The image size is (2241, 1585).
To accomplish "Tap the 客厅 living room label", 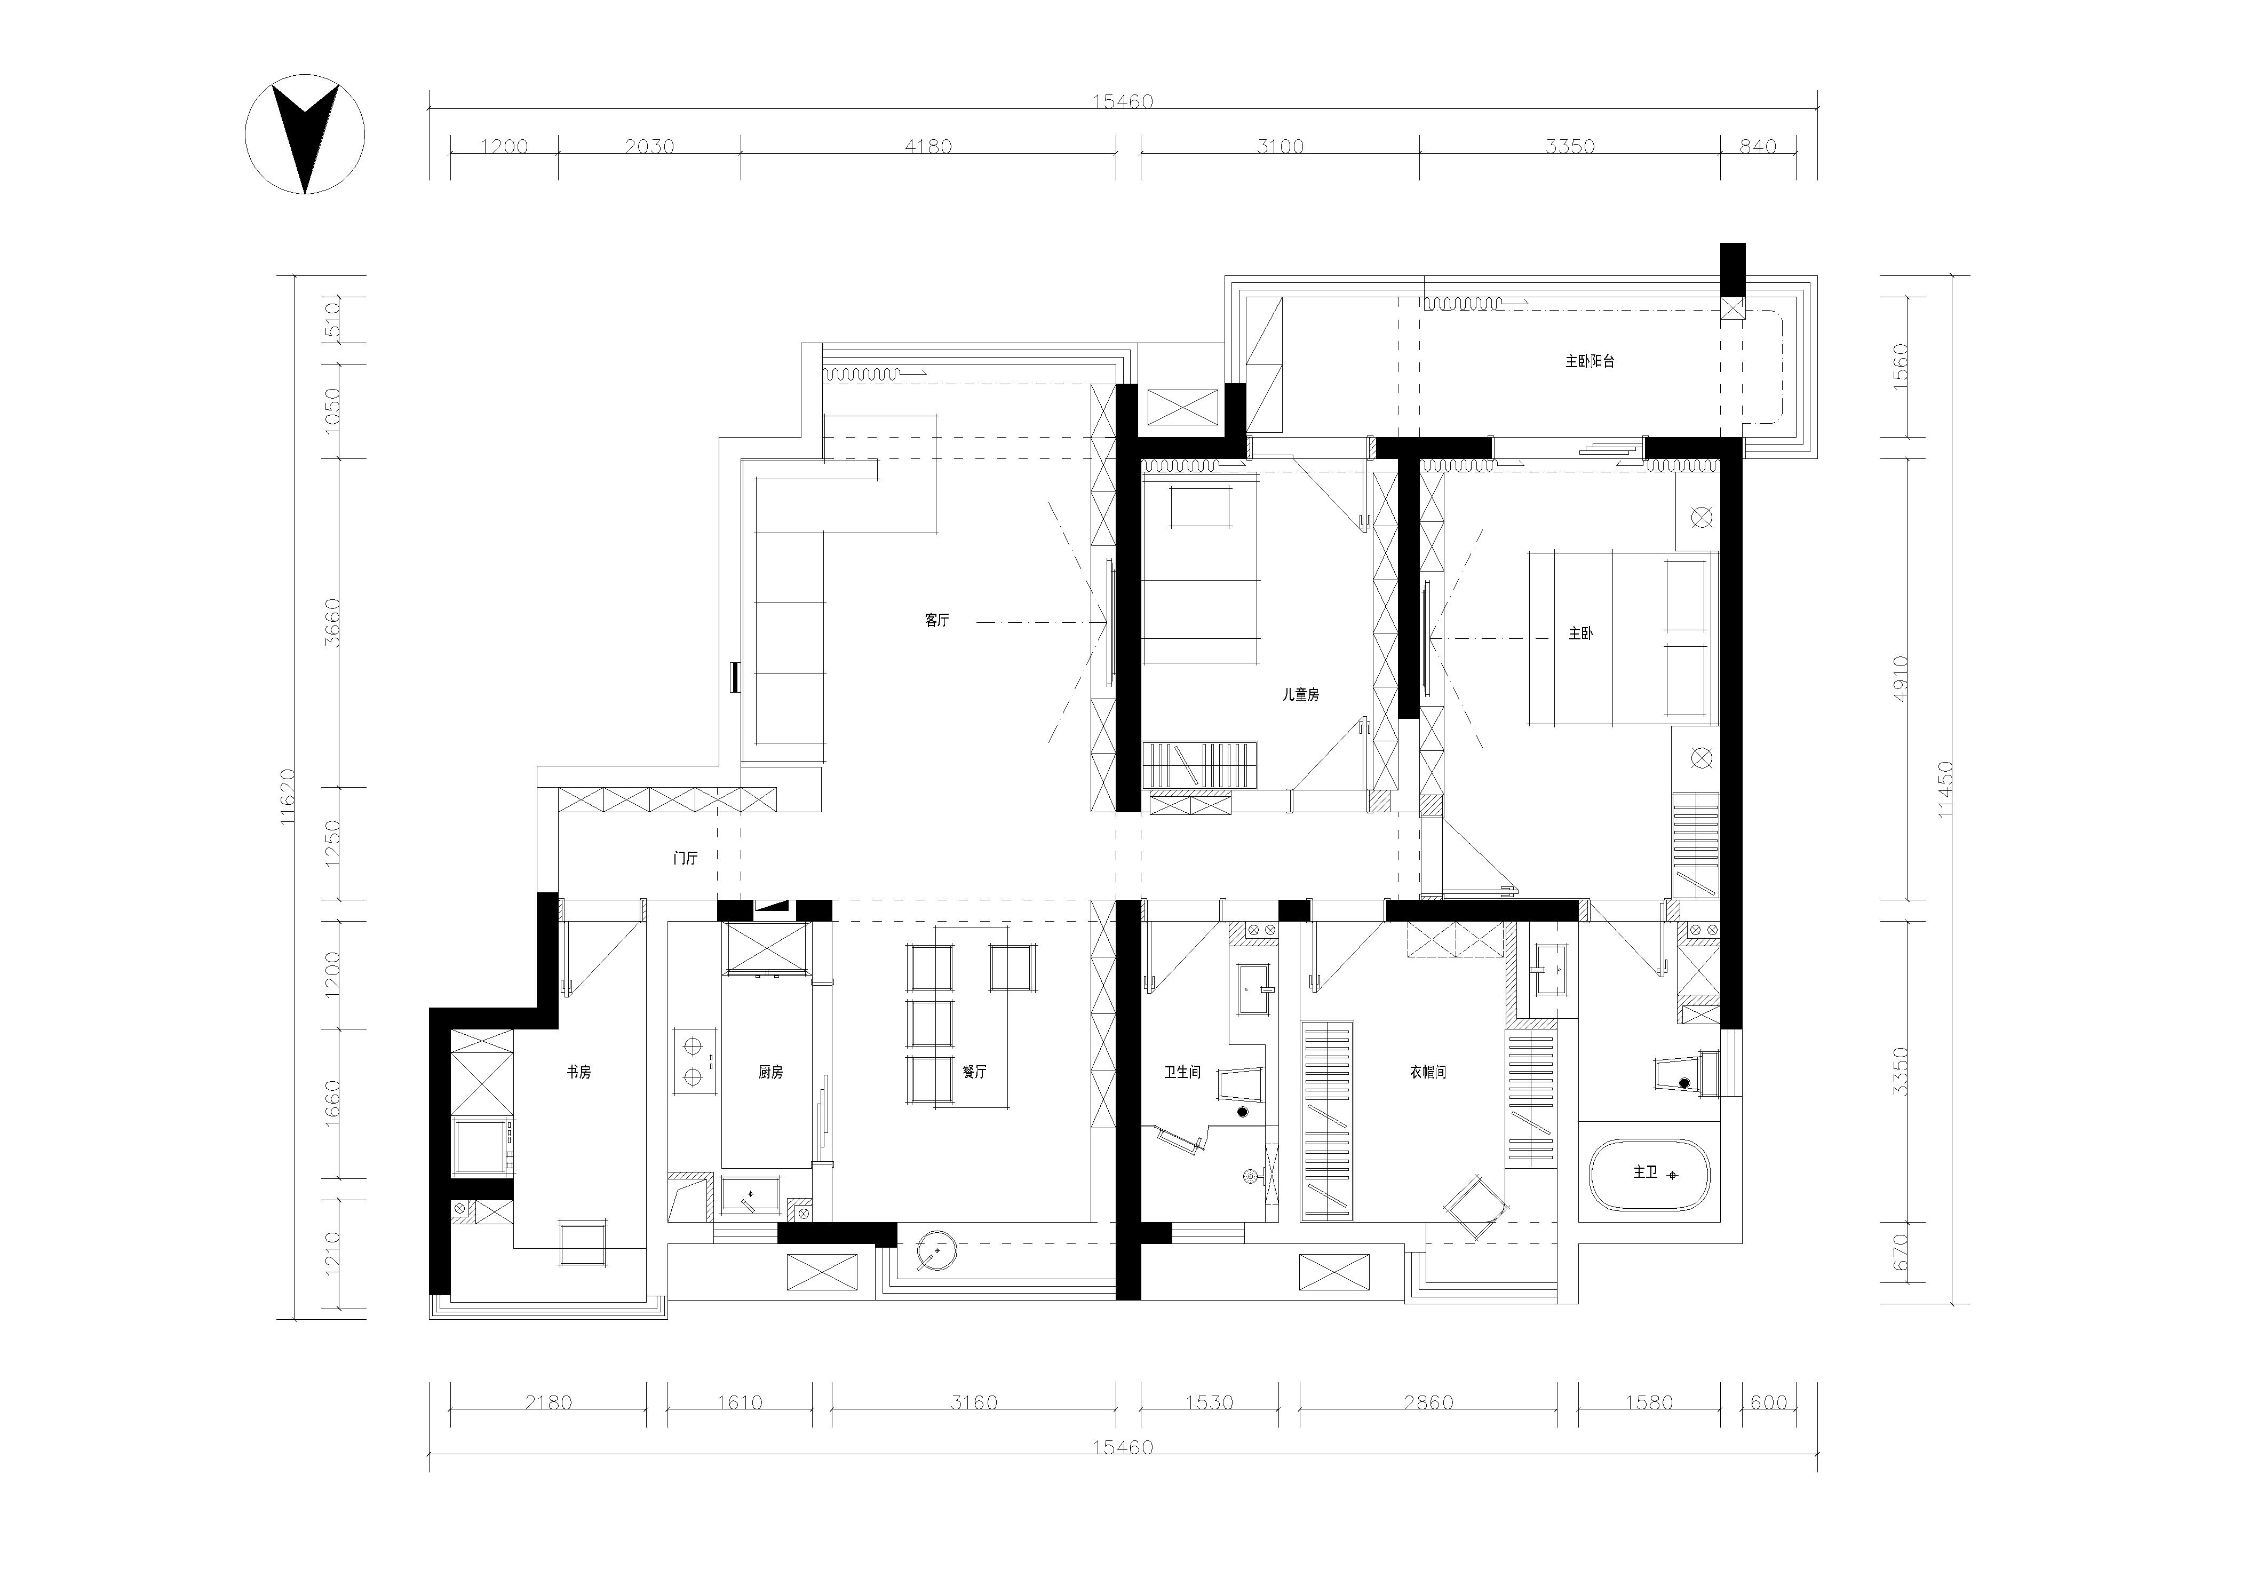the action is [936, 620].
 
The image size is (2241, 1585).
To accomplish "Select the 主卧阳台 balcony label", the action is [1590, 361].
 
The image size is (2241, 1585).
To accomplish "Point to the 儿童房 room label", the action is [1301, 695].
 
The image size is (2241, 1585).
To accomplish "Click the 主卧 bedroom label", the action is [1581, 633].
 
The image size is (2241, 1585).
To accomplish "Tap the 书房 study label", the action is [579, 1072].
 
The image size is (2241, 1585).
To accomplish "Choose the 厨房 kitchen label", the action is [770, 1072].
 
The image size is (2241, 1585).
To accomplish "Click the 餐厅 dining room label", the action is [974, 1072].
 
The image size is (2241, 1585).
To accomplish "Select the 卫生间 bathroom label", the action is [1182, 1072].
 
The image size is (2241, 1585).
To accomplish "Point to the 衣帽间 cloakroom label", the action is [1427, 1072].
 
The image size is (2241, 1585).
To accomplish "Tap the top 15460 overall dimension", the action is [1123, 101].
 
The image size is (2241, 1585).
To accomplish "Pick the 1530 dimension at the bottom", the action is [1209, 1402].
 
